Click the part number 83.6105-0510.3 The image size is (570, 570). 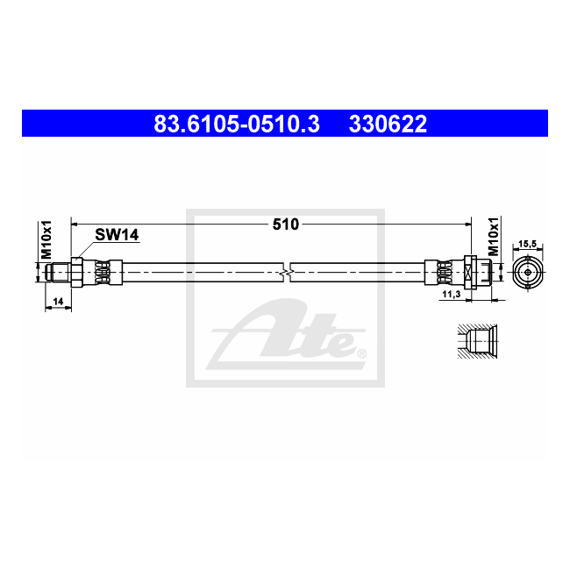tap(237, 124)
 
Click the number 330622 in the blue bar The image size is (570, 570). tap(388, 124)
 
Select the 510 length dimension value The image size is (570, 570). tap(286, 224)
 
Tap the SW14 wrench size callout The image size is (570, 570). tap(117, 235)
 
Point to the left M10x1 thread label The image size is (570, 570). tap(46, 239)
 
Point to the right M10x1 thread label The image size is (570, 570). tap(493, 237)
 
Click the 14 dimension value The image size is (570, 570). tap(58, 302)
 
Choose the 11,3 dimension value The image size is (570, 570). tap(452, 294)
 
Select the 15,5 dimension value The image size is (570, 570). tap(527, 244)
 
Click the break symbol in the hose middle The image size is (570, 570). tap(287, 272)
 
